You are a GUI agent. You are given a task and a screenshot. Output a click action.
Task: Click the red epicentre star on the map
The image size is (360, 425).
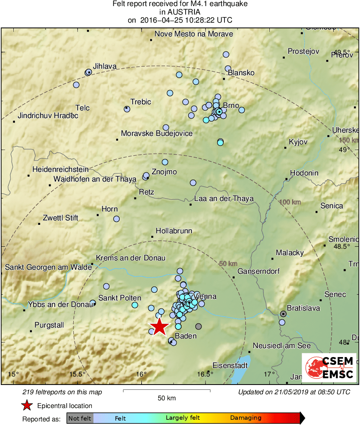[160, 326]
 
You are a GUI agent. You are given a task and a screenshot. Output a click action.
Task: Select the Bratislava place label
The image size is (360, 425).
[303, 308]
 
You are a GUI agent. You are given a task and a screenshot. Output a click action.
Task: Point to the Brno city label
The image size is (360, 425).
[231, 106]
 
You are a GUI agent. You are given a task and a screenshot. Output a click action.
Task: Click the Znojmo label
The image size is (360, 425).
[164, 171]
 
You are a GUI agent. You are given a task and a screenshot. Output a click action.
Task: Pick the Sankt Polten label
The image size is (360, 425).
[120, 298]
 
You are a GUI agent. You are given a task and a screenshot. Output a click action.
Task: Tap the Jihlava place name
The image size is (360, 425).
[104, 66]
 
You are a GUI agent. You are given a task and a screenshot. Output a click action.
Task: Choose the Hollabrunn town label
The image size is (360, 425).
[174, 231]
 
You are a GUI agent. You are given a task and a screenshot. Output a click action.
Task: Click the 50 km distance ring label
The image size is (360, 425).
[228, 264]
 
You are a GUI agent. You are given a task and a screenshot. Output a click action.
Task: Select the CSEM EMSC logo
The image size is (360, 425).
[329, 368]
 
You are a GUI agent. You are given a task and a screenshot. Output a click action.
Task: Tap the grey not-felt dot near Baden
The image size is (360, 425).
[198, 326]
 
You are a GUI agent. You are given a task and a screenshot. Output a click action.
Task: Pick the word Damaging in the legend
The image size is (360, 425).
[246, 418]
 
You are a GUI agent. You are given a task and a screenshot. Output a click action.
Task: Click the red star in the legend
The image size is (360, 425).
[27, 406]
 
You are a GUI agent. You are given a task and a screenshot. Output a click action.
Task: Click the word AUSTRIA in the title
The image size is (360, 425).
[180, 12]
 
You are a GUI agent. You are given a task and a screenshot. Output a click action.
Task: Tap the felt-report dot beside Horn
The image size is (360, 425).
[116, 219]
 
